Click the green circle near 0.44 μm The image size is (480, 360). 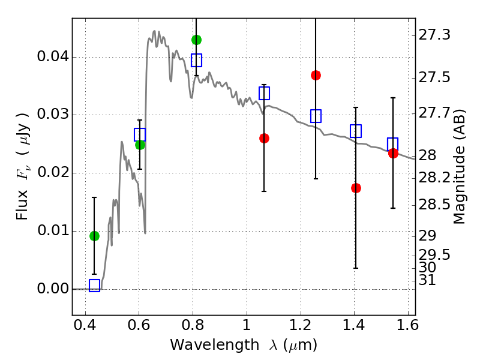click(94, 236)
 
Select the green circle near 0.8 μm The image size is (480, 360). click(196, 40)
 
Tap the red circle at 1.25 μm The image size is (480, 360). click(316, 76)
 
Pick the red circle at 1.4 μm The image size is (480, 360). click(356, 188)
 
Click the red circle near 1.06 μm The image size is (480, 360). click(264, 139)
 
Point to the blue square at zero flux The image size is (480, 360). click(94, 286)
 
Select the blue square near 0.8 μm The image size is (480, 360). click(196, 60)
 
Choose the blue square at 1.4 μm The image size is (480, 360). click(356, 131)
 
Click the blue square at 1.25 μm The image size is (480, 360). click(316, 116)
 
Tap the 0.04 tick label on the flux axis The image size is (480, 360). click(53, 56)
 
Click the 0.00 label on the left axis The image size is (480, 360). click(53, 289)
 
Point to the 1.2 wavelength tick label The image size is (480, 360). click(301, 325)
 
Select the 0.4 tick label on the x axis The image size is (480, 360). click(85, 325)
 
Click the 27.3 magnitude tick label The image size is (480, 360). click(434, 35)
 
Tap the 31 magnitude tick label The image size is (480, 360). click(427, 280)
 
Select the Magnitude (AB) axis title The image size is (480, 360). click(459, 167)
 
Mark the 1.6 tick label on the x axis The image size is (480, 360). click(407, 325)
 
